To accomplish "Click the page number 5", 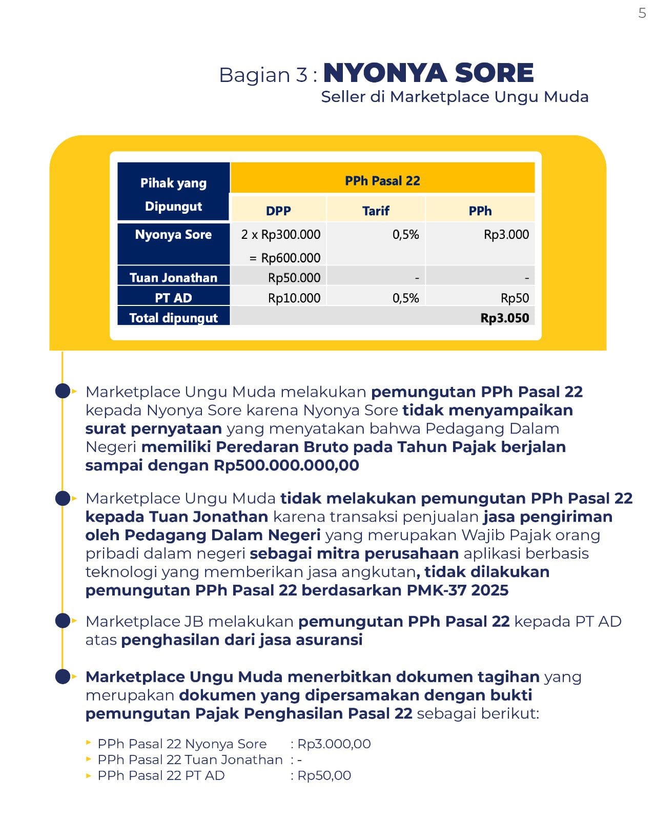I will [642, 13].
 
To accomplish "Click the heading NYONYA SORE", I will [428, 73].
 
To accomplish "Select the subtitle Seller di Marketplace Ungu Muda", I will [455, 97].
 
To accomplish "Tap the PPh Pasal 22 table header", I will [382, 180].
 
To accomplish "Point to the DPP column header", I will [278, 211].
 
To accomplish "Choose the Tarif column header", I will [376, 211].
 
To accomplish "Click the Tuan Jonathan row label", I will [173, 278].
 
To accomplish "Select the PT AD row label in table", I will [173, 298].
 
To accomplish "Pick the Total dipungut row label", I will [173, 318].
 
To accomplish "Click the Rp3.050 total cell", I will [504, 318].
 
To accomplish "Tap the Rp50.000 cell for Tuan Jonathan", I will [294, 278].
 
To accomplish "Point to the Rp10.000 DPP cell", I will [294, 298].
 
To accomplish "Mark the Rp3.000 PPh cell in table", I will [506, 235].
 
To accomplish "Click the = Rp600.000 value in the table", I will [285, 258].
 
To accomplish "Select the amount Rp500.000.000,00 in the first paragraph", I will [286, 465].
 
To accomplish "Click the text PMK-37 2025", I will [457, 590].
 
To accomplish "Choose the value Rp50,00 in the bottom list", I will [324, 775].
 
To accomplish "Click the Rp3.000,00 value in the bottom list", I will [334, 744].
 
